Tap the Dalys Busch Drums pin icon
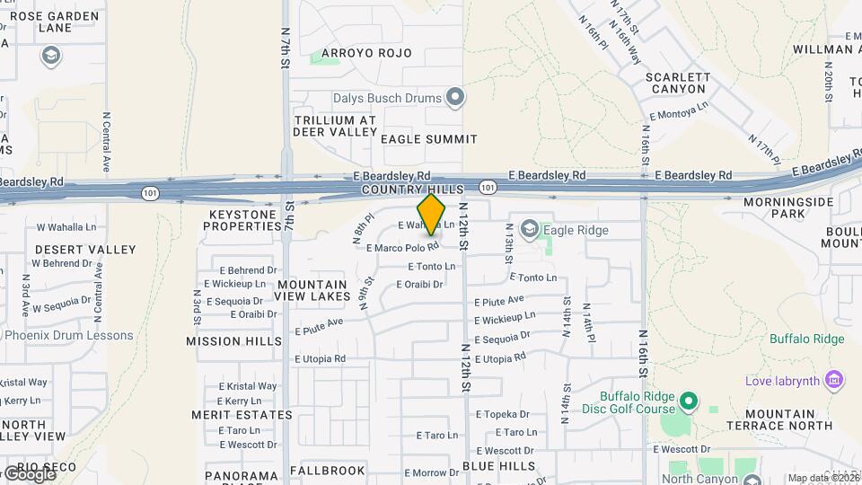tap(455, 97)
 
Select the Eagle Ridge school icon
tap(529, 230)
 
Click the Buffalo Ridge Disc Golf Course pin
tap(689, 401)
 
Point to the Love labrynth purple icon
tap(834, 381)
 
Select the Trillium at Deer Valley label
tap(336, 125)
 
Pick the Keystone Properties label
tap(246, 220)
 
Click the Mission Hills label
tap(227, 341)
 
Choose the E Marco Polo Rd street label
tap(402, 247)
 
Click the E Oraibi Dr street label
tap(420, 285)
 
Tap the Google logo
tap(29, 473)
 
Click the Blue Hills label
tap(498, 467)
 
